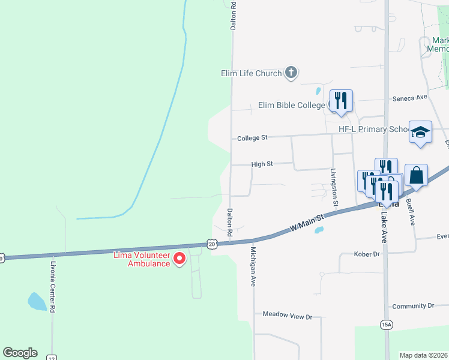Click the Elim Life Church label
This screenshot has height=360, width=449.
point(252,74)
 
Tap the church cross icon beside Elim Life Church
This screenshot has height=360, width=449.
point(291,73)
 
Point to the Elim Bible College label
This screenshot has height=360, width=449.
point(291,105)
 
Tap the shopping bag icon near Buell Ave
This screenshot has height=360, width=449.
point(416,175)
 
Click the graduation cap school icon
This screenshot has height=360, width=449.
point(420,132)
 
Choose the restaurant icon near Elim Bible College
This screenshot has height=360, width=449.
point(341,101)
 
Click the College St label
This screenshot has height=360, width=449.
point(252,138)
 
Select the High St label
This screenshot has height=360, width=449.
point(262,163)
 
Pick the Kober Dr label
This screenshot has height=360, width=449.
point(367,254)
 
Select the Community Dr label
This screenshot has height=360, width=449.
point(413,306)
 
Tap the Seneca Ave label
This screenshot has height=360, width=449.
point(409,97)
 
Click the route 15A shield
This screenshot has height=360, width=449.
point(387,325)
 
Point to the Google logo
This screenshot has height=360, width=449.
point(20,352)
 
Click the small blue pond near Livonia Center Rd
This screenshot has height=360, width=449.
point(37,301)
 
